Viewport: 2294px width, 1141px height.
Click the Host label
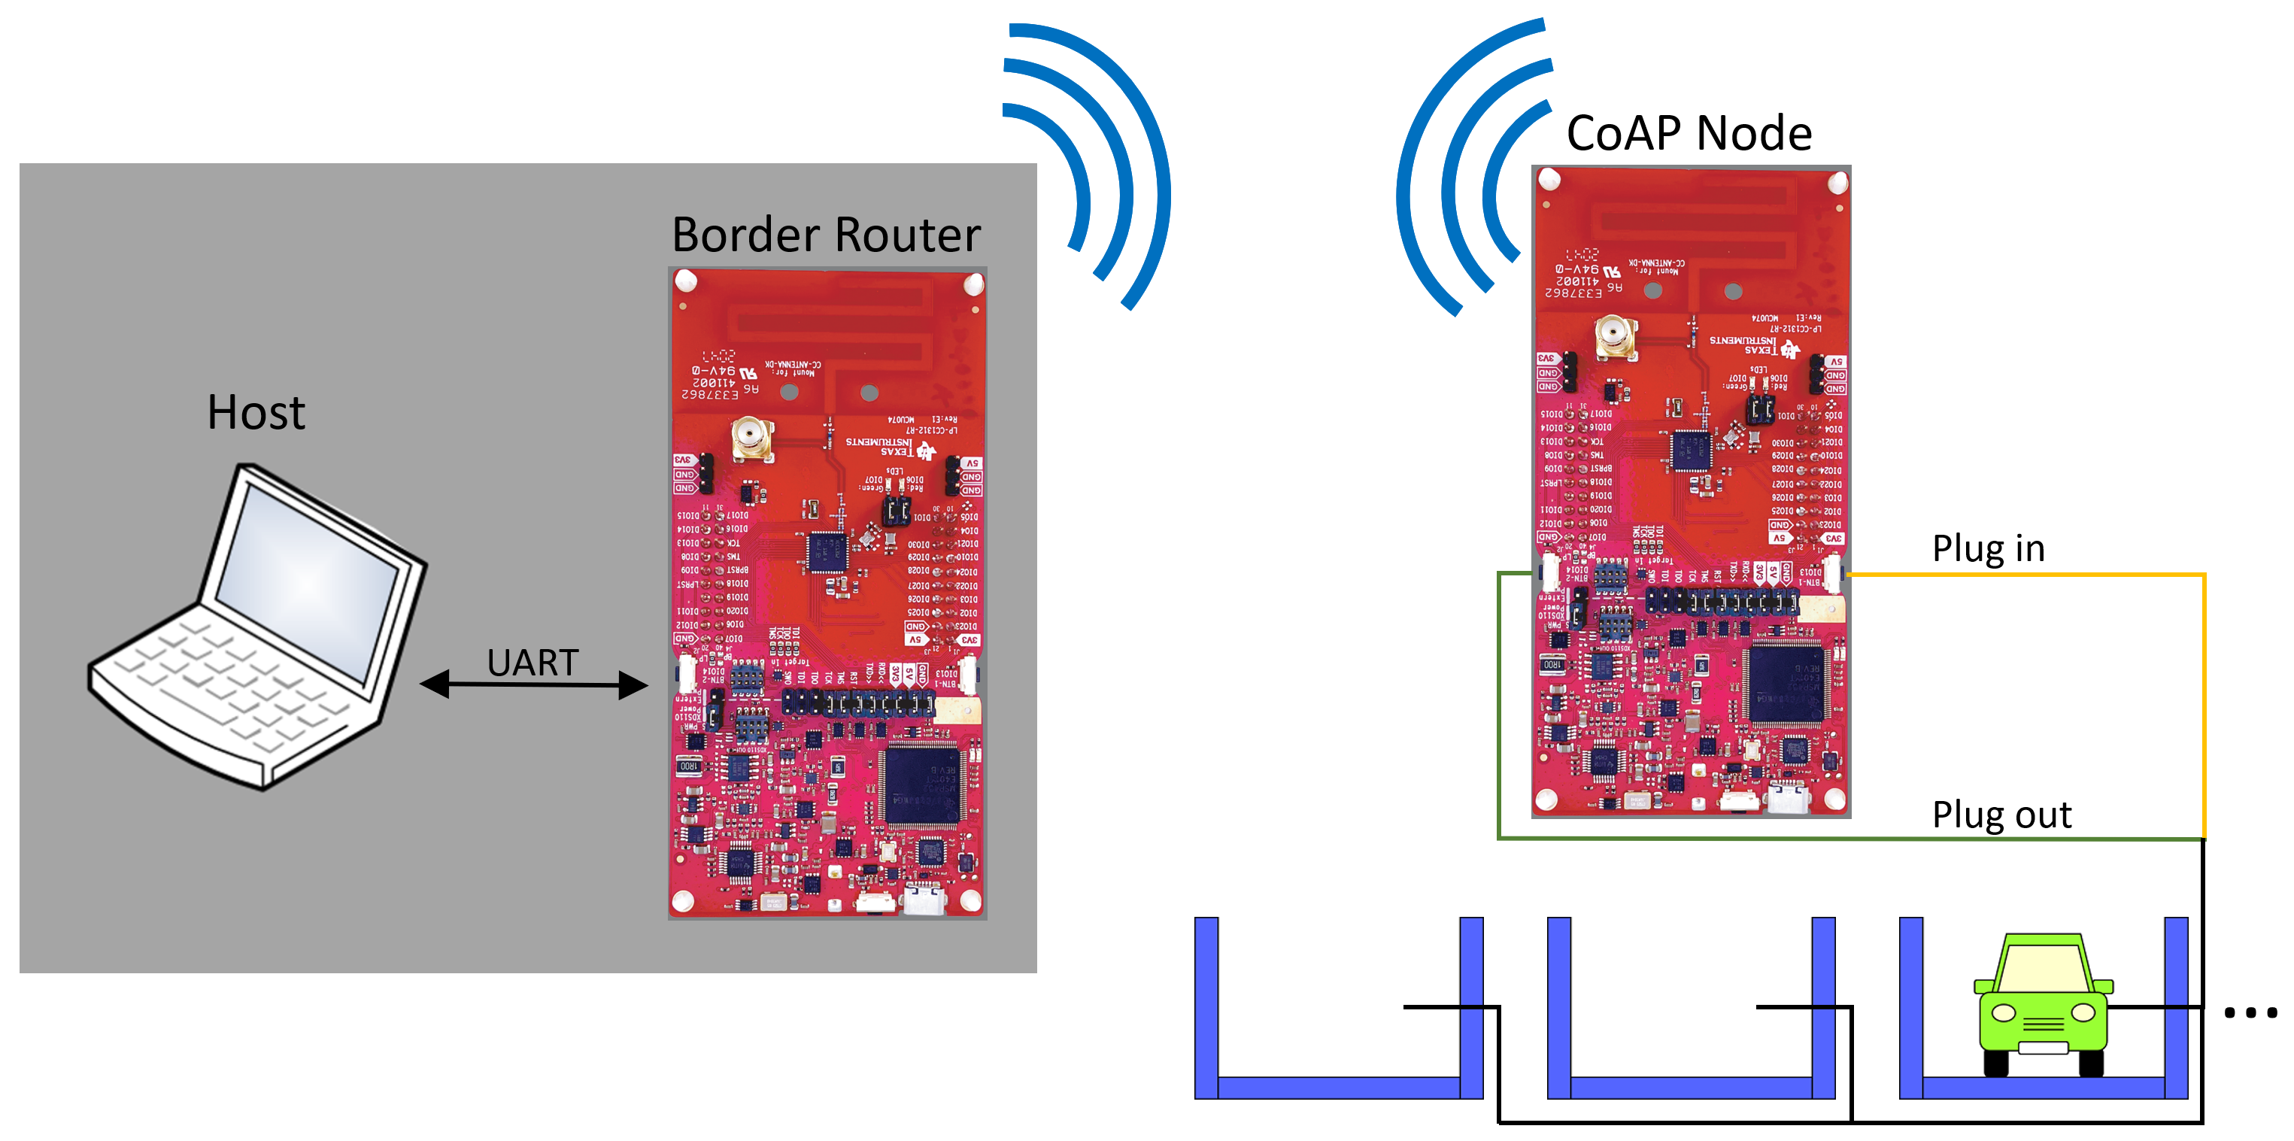pyautogui.click(x=256, y=412)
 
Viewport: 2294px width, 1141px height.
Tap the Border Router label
pyautogui.click(x=826, y=235)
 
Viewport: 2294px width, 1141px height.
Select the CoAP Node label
pyautogui.click(x=1689, y=134)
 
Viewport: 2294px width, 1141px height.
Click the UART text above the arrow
pyautogui.click(x=533, y=662)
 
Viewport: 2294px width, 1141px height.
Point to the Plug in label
pyautogui.click(x=1988, y=548)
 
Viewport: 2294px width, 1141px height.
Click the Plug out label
pyautogui.click(x=2001, y=814)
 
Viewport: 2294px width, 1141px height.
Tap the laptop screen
pyautogui.click(x=307, y=589)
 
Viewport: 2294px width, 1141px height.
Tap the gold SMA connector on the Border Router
pyautogui.click(x=751, y=439)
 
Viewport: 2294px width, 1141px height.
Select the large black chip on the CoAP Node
pyautogui.click(x=1786, y=682)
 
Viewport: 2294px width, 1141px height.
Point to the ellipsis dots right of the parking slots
pyautogui.click(x=2250, y=1012)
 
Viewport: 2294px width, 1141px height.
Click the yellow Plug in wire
pyautogui.click(x=2203, y=704)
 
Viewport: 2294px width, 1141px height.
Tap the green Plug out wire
pyautogui.click(x=1500, y=712)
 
